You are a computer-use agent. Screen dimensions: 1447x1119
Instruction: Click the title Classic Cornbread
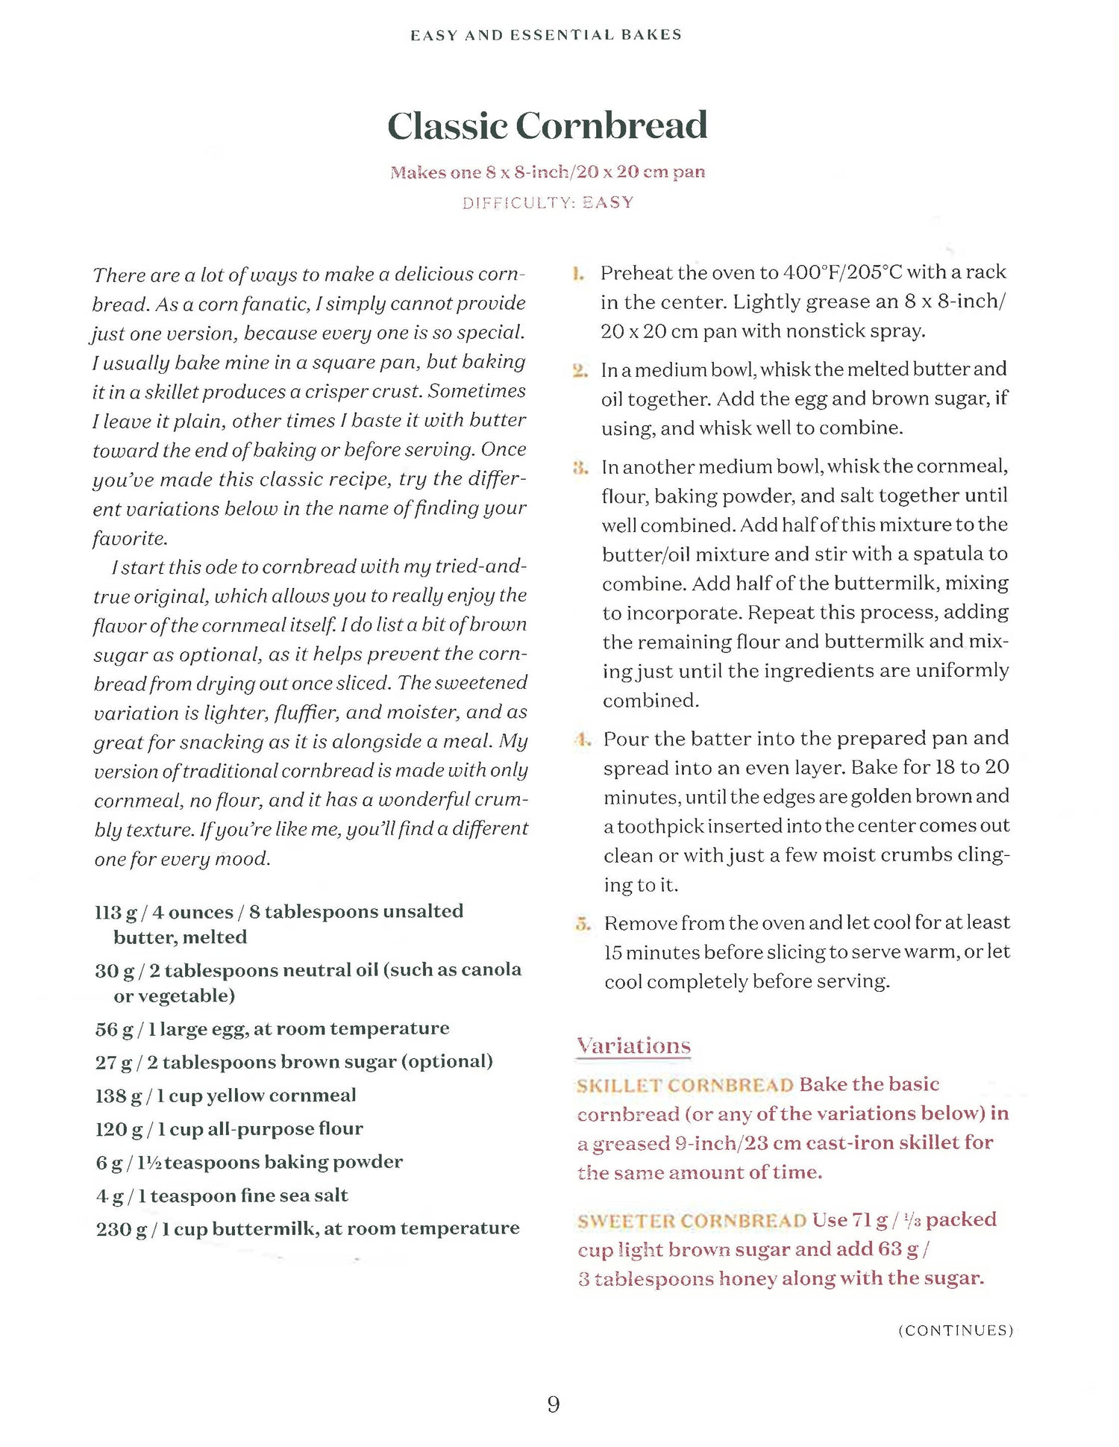pos(547,125)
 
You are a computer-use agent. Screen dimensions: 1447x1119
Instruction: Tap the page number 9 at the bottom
pos(554,1404)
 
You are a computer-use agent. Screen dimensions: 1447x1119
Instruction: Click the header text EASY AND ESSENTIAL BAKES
pos(546,35)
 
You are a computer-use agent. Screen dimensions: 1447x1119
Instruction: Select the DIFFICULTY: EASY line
pos(548,203)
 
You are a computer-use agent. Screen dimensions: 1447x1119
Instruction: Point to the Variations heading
pos(633,1046)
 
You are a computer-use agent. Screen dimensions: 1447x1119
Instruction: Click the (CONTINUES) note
pos(956,1331)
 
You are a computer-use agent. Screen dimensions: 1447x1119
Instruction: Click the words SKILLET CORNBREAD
pos(685,1085)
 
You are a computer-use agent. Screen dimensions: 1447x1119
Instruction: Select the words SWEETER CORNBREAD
pos(692,1221)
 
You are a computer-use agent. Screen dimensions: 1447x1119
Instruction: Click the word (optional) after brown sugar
pos(447,1061)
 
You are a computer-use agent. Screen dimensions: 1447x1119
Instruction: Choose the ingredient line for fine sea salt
pos(222,1196)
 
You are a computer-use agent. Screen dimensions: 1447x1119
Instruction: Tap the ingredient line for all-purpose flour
pos(229,1129)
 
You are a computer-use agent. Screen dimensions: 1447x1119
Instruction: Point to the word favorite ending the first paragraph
pos(128,538)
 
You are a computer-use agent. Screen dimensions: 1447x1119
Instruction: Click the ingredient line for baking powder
pos(248,1162)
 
